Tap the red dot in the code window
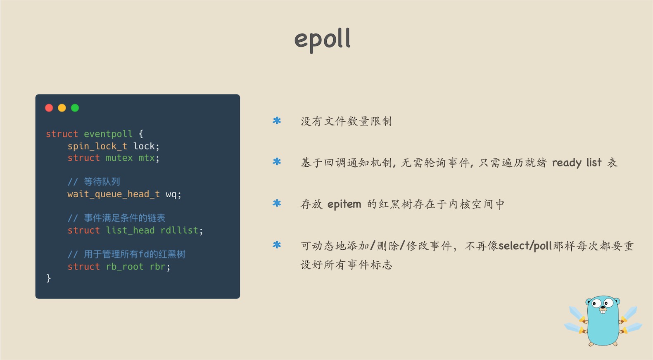(x=49, y=108)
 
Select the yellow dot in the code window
(x=62, y=108)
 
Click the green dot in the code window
(x=75, y=108)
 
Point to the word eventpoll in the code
(x=108, y=134)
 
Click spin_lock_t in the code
(x=97, y=146)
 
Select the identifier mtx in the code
(x=146, y=158)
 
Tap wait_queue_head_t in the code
(x=114, y=194)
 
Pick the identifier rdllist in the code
(x=179, y=230)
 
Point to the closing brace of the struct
(x=48, y=278)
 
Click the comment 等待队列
(x=102, y=182)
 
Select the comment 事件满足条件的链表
(x=124, y=218)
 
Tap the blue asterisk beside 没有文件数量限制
(x=277, y=121)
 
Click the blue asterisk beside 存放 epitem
(x=277, y=203)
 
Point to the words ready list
(x=577, y=163)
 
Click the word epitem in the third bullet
(x=344, y=204)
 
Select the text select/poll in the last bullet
(x=525, y=246)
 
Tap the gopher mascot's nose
(x=602, y=308)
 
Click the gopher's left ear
(x=589, y=301)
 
